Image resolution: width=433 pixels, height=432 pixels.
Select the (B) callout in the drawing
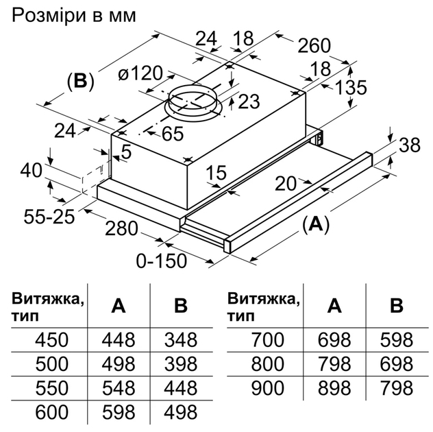pyautogui.click(x=79, y=81)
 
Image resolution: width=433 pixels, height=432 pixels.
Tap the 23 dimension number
pyautogui.click(x=249, y=101)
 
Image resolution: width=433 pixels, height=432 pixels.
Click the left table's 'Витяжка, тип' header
pyautogui.click(x=48, y=307)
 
